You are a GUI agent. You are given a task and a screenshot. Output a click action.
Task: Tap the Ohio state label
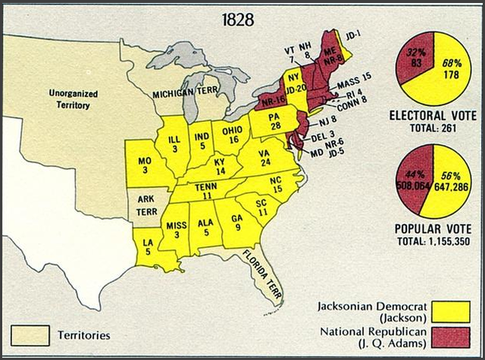point(232,134)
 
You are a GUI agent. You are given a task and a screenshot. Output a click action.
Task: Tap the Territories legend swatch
point(30,333)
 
